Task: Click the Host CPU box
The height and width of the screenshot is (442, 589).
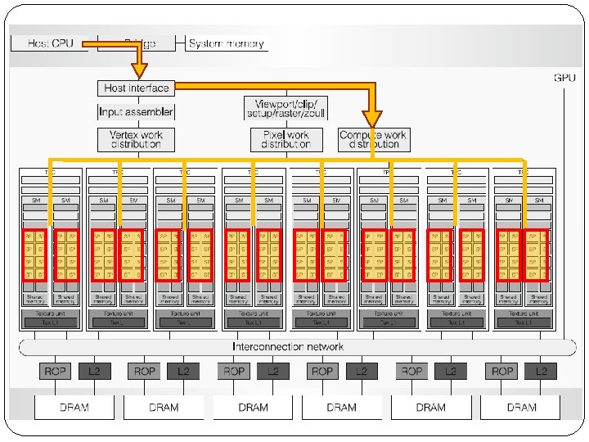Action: click(x=50, y=43)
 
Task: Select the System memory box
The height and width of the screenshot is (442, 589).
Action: click(x=226, y=43)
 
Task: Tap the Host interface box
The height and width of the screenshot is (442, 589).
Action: click(x=137, y=88)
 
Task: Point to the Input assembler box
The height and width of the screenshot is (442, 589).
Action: click(x=137, y=111)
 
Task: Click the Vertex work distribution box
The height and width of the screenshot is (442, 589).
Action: click(x=137, y=139)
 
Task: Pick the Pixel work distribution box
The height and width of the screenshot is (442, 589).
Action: click(x=286, y=139)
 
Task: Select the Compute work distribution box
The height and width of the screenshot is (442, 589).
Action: click(x=373, y=139)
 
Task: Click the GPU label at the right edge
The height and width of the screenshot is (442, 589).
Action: click(x=564, y=78)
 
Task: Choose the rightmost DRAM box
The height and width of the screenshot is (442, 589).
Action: click(x=521, y=407)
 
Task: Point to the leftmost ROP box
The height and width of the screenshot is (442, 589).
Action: click(x=56, y=371)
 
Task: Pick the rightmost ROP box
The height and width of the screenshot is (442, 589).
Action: click(x=502, y=371)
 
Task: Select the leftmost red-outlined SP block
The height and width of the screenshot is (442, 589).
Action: click(x=34, y=255)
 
